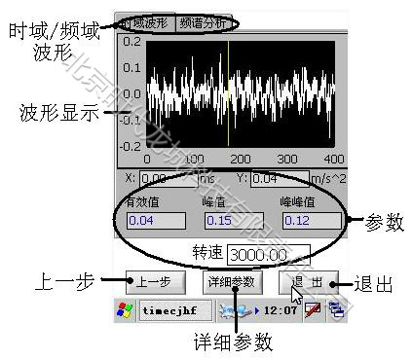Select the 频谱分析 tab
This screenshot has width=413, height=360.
pyautogui.click(x=201, y=21)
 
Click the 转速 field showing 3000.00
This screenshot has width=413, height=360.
pyautogui.click(x=268, y=254)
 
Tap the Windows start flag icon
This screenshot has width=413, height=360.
pyautogui.click(x=125, y=311)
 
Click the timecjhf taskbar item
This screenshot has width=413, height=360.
pyautogui.click(x=169, y=311)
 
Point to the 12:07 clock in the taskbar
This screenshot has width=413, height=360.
pyautogui.click(x=287, y=311)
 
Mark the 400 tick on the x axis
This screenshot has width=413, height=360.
pyautogui.click(x=334, y=158)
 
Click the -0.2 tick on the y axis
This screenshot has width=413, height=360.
pyautogui.click(x=131, y=145)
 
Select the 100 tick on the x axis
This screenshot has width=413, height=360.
pyautogui.click(x=194, y=158)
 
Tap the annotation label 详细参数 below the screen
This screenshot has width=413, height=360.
pyautogui.click(x=233, y=342)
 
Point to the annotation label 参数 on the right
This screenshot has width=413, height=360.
pyautogui.click(x=382, y=222)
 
